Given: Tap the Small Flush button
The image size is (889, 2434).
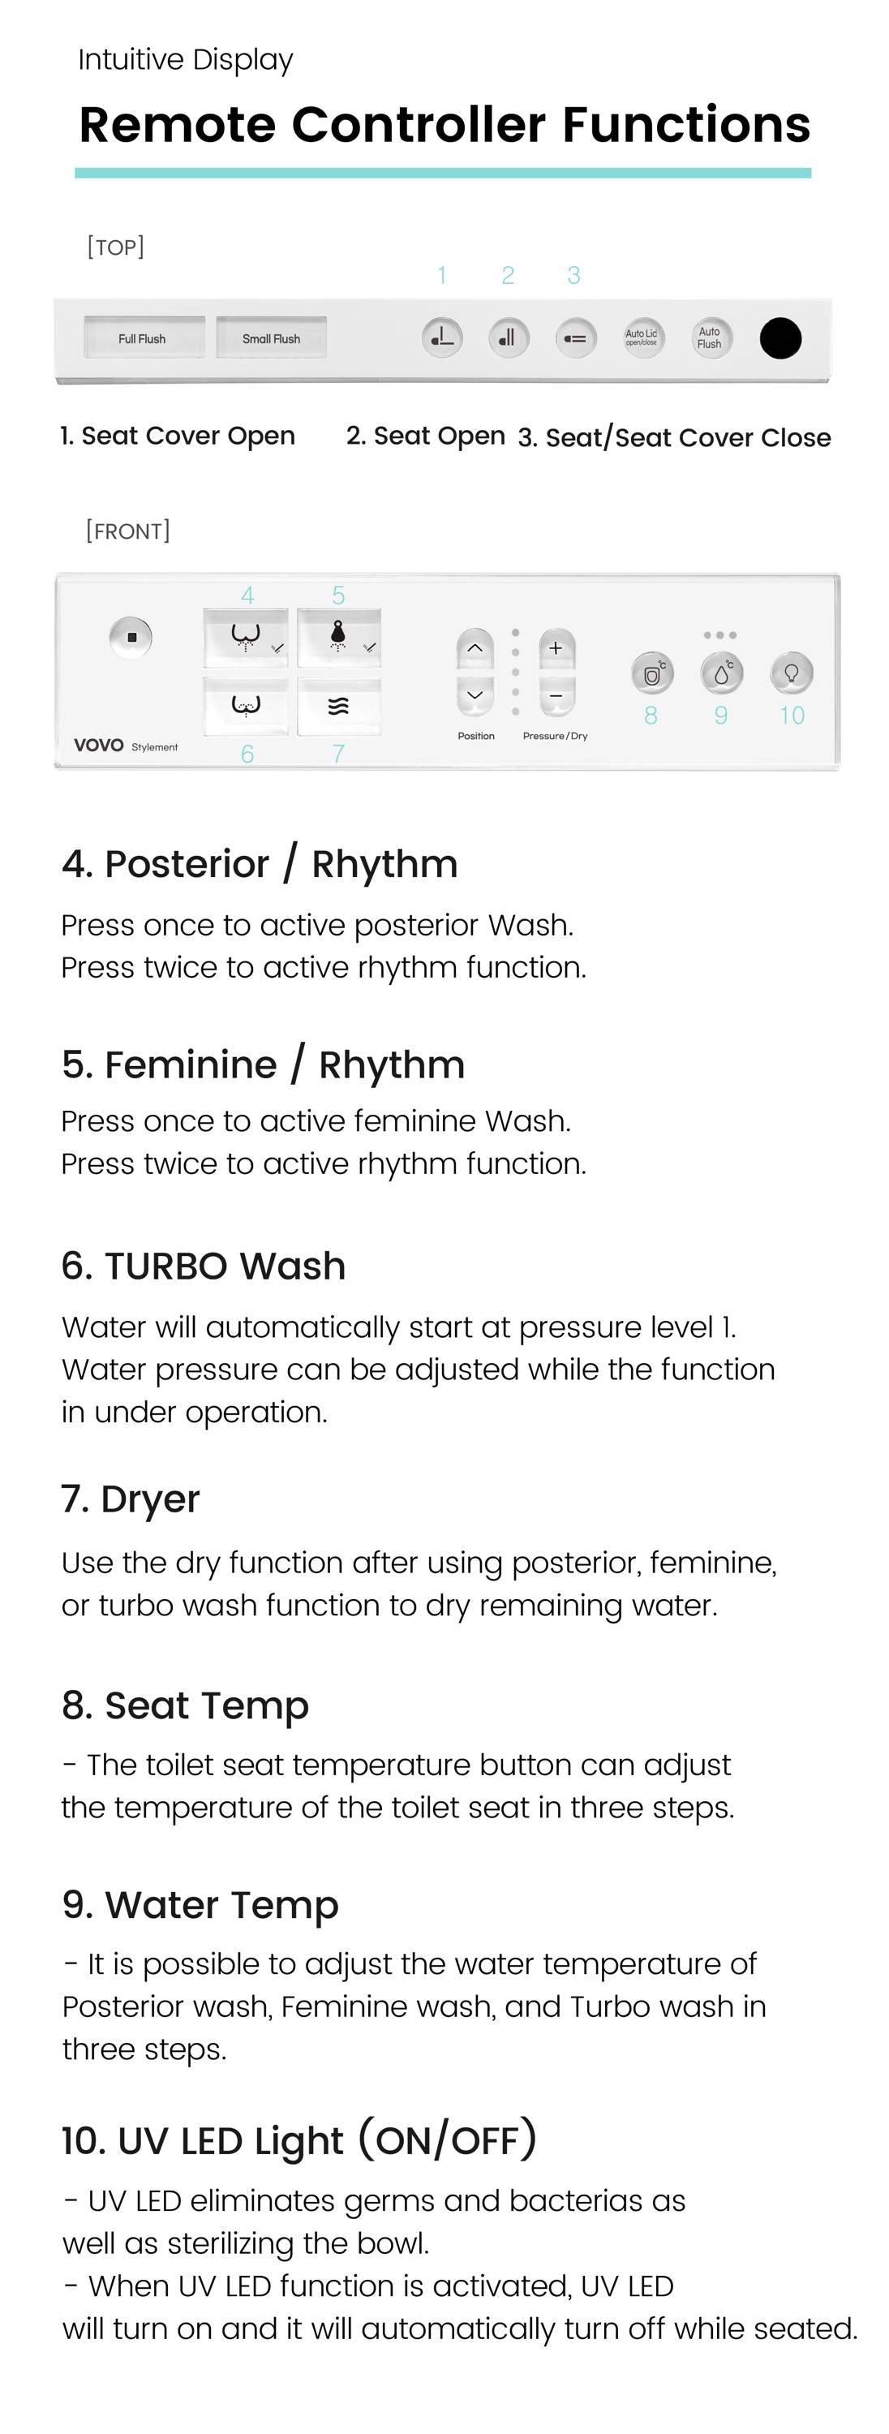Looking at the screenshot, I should [271, 338].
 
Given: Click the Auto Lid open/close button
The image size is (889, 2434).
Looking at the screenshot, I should [642, 338].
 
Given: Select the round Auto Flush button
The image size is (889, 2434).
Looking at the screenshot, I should [710, 338].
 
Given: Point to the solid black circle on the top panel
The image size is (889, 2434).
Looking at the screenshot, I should [780, 338].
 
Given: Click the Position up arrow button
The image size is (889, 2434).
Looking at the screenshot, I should [475, 648].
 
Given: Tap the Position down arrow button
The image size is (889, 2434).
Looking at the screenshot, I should [475, 695].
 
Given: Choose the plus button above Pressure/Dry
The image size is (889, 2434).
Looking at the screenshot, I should [556, 648].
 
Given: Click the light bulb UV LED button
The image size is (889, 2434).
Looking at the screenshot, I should [792, 673].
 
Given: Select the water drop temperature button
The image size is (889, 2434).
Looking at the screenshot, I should [722, 673].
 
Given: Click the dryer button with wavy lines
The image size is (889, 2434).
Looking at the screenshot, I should [338, 706].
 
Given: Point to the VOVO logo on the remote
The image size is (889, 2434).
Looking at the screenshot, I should [99, 746].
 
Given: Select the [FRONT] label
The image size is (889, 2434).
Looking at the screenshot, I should [127, 531].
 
